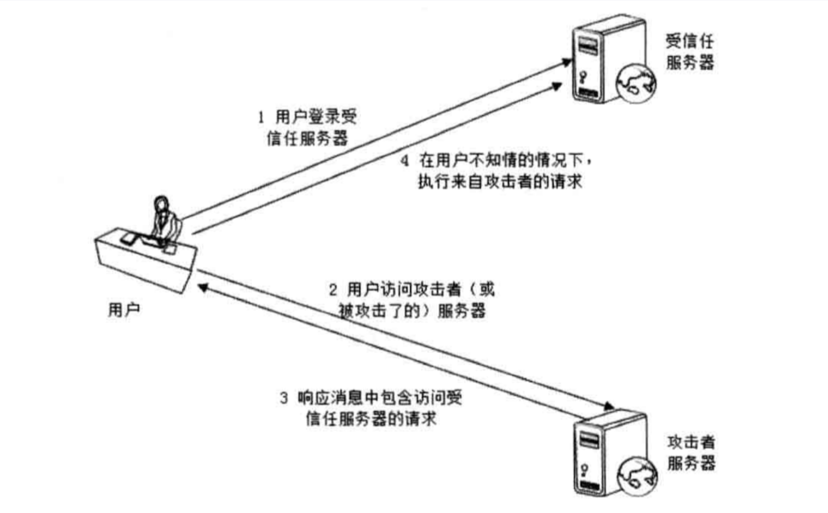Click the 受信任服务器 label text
coord(689,52)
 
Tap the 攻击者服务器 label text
coord(691,452)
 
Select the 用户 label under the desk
coord(124,310)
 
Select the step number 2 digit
coord(333,290)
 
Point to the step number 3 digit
coord(284,398)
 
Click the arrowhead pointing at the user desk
coord(202,287)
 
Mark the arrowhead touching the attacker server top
coord(609,406)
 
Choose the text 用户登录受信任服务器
coord(307,128)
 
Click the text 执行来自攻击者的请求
coord(500,182)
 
